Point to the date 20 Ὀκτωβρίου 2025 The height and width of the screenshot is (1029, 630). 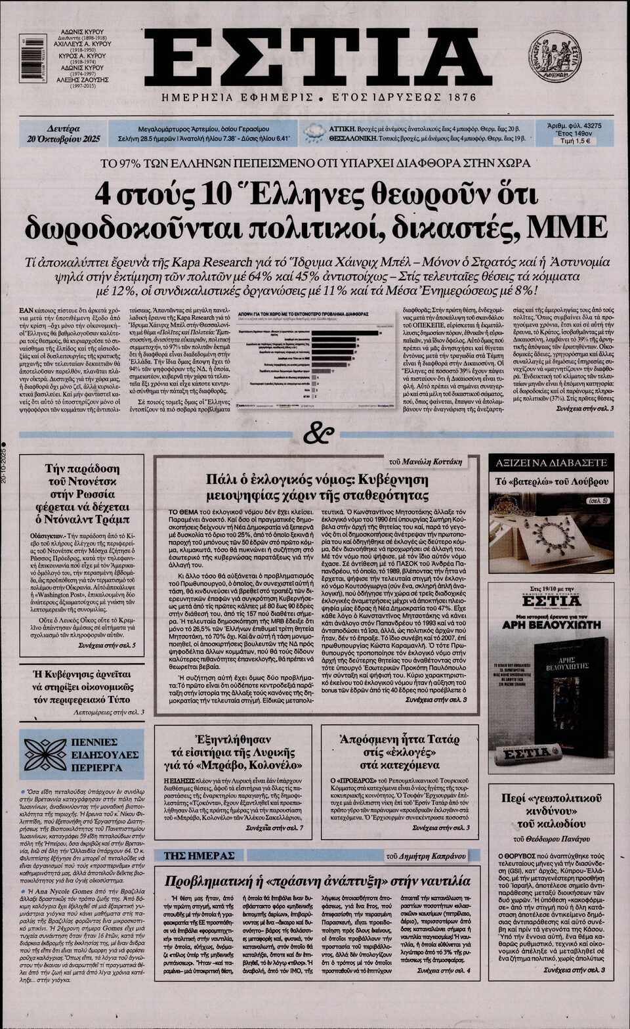(x=63, y=139)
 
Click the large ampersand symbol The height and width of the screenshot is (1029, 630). (x=319, y=434)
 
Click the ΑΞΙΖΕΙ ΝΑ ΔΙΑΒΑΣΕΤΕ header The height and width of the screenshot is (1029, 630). (x=551, y=463)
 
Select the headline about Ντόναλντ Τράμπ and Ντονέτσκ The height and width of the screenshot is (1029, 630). (x=83, y=494)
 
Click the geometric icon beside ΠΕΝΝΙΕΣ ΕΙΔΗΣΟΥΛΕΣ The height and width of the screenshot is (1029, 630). (x=45, y=754)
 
